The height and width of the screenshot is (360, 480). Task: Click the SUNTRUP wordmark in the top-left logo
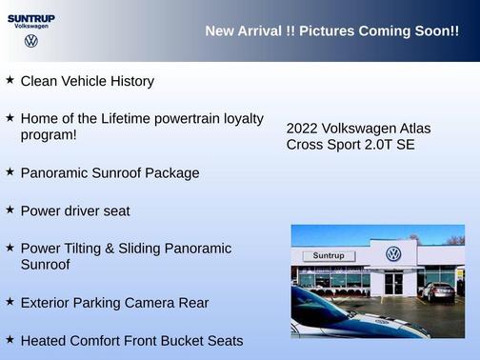[x=30, y=18]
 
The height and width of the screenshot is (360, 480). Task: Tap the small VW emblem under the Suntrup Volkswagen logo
[x=31, y=41]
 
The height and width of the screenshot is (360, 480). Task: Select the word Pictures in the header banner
[x=328, y=31]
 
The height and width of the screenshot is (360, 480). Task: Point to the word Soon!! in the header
[x=436, y=31]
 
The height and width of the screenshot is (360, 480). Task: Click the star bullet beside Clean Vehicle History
[x=10, y=80]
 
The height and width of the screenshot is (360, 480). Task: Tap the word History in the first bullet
[x=130, y=82]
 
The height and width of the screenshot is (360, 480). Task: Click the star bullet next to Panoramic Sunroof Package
[x=10, y=172]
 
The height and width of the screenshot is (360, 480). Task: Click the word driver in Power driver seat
[x=90, y=210]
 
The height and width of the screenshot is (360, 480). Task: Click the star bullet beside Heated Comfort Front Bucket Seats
[x=10, y=339]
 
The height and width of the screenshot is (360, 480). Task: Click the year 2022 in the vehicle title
[x=302, y=128]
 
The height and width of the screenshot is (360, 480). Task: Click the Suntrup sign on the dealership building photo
[x=327, y=256]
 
